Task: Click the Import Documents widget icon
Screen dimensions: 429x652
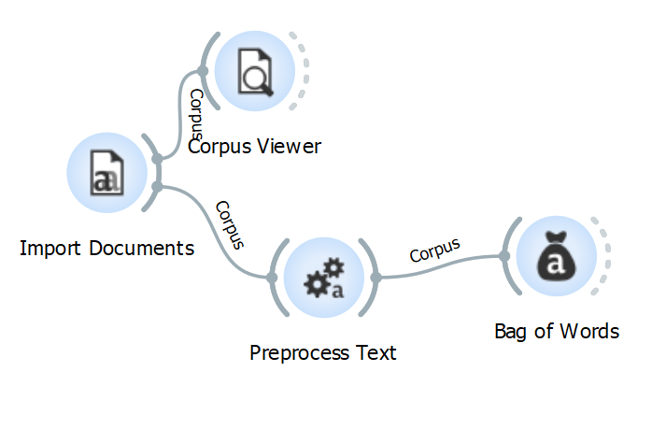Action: point(105,173)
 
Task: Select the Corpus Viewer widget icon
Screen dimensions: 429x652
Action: point(254,72)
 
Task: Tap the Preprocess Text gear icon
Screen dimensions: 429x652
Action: point(322,278)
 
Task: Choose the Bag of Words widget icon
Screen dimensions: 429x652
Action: point(557,256)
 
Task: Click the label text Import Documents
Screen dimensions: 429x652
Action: point(106,249)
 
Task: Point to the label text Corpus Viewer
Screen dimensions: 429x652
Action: point(254,146)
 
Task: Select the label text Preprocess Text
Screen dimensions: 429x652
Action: point(323,353)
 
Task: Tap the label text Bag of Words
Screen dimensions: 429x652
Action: point(557,331)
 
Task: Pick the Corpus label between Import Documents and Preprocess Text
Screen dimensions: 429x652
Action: point(229,225)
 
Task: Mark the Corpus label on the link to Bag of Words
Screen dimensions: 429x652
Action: point(435,250)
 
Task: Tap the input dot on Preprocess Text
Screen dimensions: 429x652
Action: point(271,278)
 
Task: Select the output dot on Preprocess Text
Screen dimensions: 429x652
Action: point(375,278)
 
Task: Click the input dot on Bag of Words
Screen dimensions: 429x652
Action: point(503,256)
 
